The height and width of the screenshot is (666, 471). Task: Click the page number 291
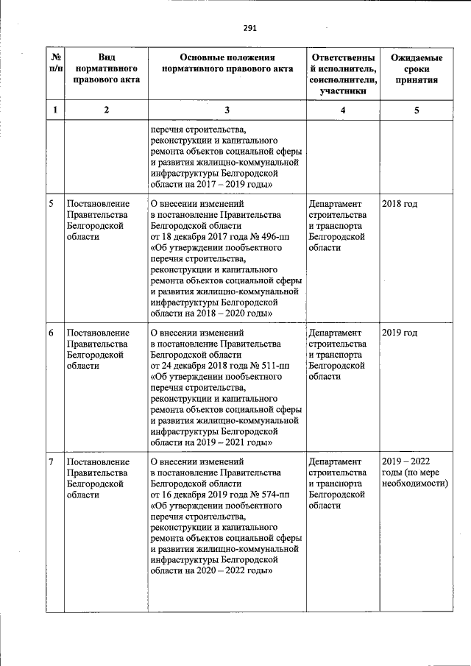click(x=249, y=29)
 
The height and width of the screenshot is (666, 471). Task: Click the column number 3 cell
click(x=227, y=110)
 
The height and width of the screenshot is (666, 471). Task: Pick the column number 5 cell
click(x=417, y=110)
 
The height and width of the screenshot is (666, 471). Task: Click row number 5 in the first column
click(x=52, y=204)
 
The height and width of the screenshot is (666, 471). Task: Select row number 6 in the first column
click(x=52, y=333)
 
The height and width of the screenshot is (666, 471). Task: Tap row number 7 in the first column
click(x=52, y=462)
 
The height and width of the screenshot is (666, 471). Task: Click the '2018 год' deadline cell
click(x=400, y=204)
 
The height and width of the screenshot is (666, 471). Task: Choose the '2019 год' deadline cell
click(x=400, y=333)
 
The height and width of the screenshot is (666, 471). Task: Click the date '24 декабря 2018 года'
click(x=198, y=366)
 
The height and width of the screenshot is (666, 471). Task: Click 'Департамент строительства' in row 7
click(x=338, y=467)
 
